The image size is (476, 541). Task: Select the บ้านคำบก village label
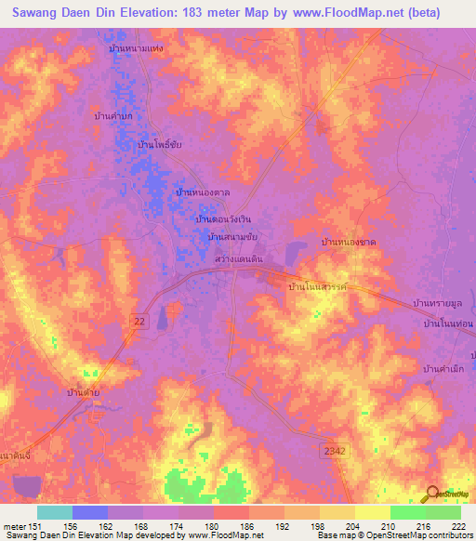[x=113, y=116]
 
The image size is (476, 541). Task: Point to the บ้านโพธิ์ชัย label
[x=159, y=146]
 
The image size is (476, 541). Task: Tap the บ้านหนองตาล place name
[x=203, y=191]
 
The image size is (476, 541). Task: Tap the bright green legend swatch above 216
[x=407, y=512]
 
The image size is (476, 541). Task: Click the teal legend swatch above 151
[x=54, y=512]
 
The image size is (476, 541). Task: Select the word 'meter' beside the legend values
[x=17, y=526]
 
